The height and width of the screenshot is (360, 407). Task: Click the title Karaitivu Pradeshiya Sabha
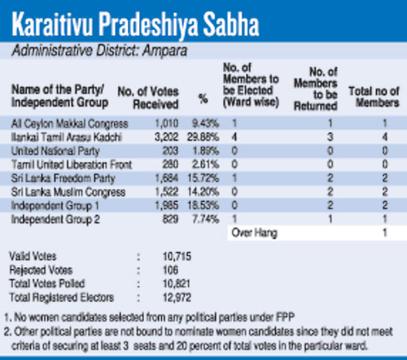tap(135, 24)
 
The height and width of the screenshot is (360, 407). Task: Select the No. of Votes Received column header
tap(148, 98)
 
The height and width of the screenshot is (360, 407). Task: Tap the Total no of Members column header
tap(374, 97)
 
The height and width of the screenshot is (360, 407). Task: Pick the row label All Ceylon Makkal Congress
tap(69, 124)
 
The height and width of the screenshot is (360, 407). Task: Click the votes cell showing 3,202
tap(166, 137)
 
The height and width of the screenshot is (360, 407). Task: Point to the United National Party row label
tap(55, 151)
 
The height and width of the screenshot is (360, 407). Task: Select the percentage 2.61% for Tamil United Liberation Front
tap(205, 165)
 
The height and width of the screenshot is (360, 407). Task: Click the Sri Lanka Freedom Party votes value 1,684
tap(167, 178)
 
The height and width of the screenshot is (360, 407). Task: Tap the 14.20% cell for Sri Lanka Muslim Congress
tap(203, 192)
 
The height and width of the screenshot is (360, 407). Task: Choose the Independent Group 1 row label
tap(55, 206)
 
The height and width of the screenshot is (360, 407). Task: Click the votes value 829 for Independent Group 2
tap(170, 219)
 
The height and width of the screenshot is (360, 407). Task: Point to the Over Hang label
tap(254, 233)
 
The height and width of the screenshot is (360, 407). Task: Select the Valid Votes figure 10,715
tap(177, 257)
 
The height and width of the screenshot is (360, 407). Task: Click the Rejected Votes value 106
tap(170, 270)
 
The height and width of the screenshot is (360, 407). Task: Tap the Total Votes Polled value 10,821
tap(177, 283)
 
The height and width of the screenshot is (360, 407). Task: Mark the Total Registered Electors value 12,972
tap(177, 297)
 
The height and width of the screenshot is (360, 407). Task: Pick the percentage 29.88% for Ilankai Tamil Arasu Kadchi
tap(203, 137)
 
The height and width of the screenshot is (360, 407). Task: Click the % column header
tap(203, 99)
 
